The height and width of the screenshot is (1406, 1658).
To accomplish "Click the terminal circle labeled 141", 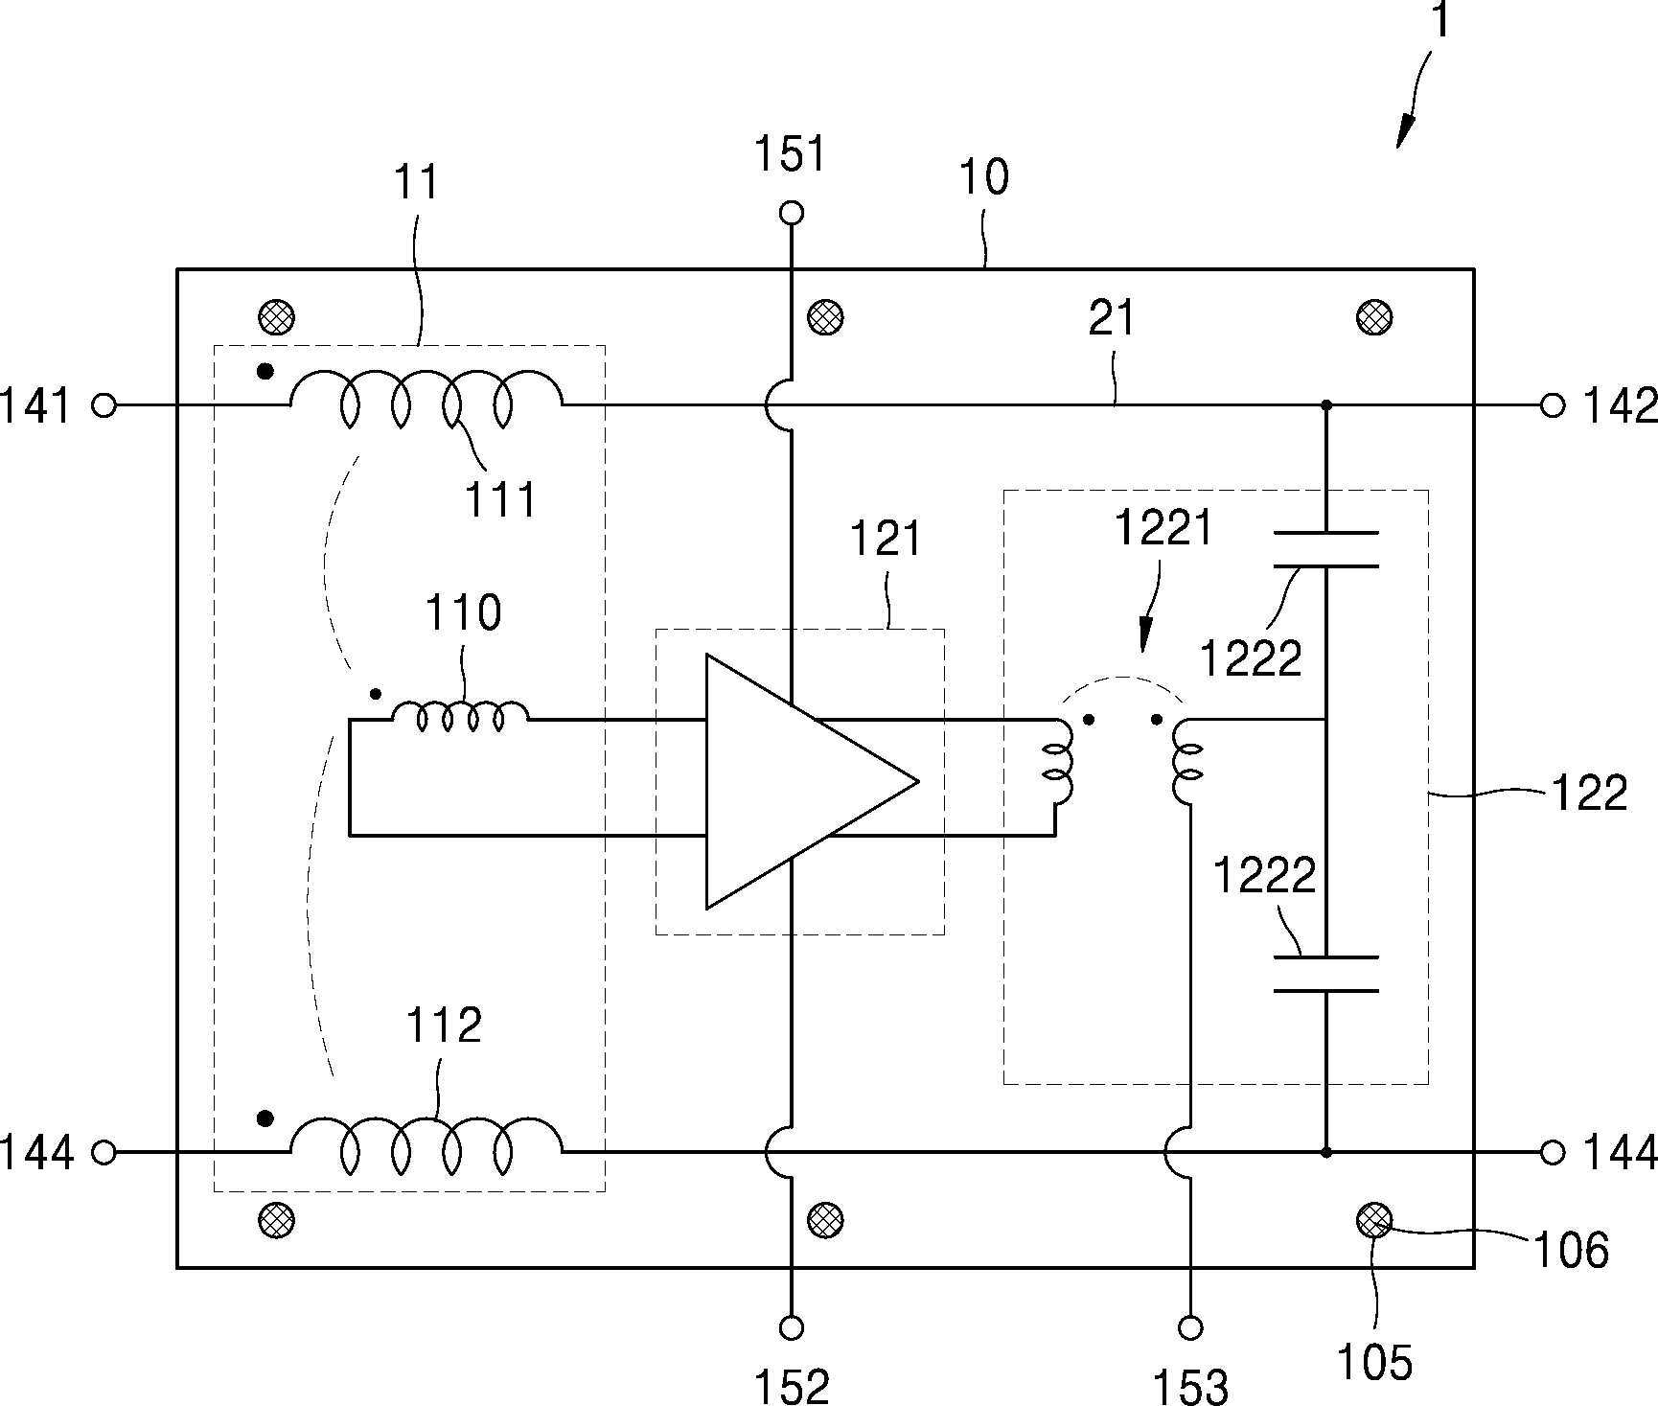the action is (104, 405).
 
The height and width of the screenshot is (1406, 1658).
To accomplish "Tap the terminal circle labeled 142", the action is (1553, 405).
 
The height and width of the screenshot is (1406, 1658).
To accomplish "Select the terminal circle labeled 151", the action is (792, 213).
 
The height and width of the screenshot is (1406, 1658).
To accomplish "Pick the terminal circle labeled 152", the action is (792, 1327).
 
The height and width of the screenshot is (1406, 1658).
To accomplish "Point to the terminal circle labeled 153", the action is (1190, 1327).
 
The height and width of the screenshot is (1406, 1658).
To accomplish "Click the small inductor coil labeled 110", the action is (461, 717).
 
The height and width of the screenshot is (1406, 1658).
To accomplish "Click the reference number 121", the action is (886, 539).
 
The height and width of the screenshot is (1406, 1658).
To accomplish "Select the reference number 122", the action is (1589, 794).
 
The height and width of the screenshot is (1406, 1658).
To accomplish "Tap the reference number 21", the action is (1112, 318).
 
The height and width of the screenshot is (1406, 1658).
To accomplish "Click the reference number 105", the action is (1374, 1362).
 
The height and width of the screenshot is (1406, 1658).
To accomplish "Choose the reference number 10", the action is (983, 177).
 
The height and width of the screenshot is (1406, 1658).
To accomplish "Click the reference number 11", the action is (416, 182).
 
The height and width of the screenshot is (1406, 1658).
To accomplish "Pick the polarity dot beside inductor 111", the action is (265, 370).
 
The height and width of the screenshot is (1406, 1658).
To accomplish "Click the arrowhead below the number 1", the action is (1404, 132).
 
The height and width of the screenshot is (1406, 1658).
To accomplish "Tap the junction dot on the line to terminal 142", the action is (1326, 405).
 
